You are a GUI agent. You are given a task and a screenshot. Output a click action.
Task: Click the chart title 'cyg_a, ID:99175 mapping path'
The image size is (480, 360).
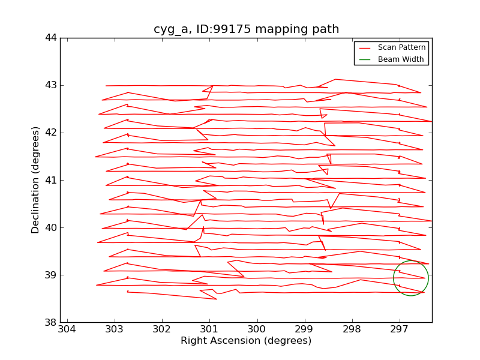click(x=246, y=29)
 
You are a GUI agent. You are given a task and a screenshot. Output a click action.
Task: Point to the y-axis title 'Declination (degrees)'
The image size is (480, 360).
click(x=36, y=180)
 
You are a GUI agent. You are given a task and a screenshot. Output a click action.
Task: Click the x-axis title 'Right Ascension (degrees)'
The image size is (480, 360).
click(x=246, y=341)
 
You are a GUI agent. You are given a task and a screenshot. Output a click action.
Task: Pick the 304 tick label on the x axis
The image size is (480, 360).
click(x=67, y=329)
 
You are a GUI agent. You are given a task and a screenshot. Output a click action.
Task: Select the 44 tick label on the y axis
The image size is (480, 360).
click(x=50, y=38)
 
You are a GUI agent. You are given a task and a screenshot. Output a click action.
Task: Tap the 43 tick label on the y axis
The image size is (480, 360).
click(x=50, y=85)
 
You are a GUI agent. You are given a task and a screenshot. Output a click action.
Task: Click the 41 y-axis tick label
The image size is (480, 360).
click(x=50, y=180)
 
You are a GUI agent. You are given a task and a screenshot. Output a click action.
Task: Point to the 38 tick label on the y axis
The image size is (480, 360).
click(x=50, y=322)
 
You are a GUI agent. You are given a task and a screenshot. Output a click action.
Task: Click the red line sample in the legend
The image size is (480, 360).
click(x=365, y=47)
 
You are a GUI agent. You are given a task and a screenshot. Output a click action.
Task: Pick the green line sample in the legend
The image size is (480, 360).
click(x=365, y=59)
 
